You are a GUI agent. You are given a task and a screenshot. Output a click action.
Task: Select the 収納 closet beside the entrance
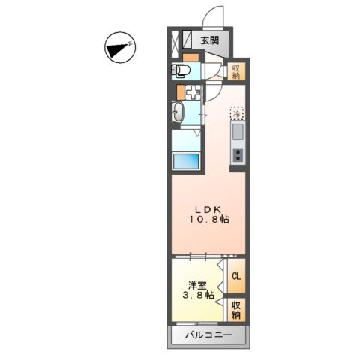click(x=235, y=72)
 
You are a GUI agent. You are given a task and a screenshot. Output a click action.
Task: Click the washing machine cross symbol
click(x=193, y=94)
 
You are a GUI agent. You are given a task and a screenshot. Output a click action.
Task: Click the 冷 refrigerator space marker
click(x=236, y=114)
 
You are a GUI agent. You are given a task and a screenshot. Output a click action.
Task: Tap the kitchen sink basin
click(x=237, y=133)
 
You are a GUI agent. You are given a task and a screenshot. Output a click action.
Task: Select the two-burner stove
click(x=237, y=155)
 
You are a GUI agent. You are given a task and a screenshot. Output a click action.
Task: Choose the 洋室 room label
click(x=197, y=285)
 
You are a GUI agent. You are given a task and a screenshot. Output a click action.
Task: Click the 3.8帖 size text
click(x=198, y=296)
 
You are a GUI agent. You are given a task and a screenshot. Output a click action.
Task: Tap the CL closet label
click(x=235, y=277)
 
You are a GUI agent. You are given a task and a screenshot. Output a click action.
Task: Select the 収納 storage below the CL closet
click(x=235, y=308)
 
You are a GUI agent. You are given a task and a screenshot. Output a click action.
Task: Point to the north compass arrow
click(x=118, y=49)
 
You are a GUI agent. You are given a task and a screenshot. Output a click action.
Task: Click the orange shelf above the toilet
click(x=190, y=57)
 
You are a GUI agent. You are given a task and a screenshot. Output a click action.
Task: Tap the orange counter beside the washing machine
click(x=180, y=94)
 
